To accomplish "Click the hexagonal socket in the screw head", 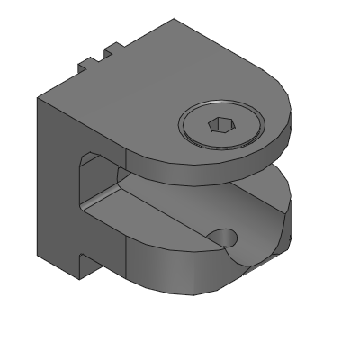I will (x=219, y=125).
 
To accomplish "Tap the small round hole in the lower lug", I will (x=222, y=238).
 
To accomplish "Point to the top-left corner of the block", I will (x=38, y=97).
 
